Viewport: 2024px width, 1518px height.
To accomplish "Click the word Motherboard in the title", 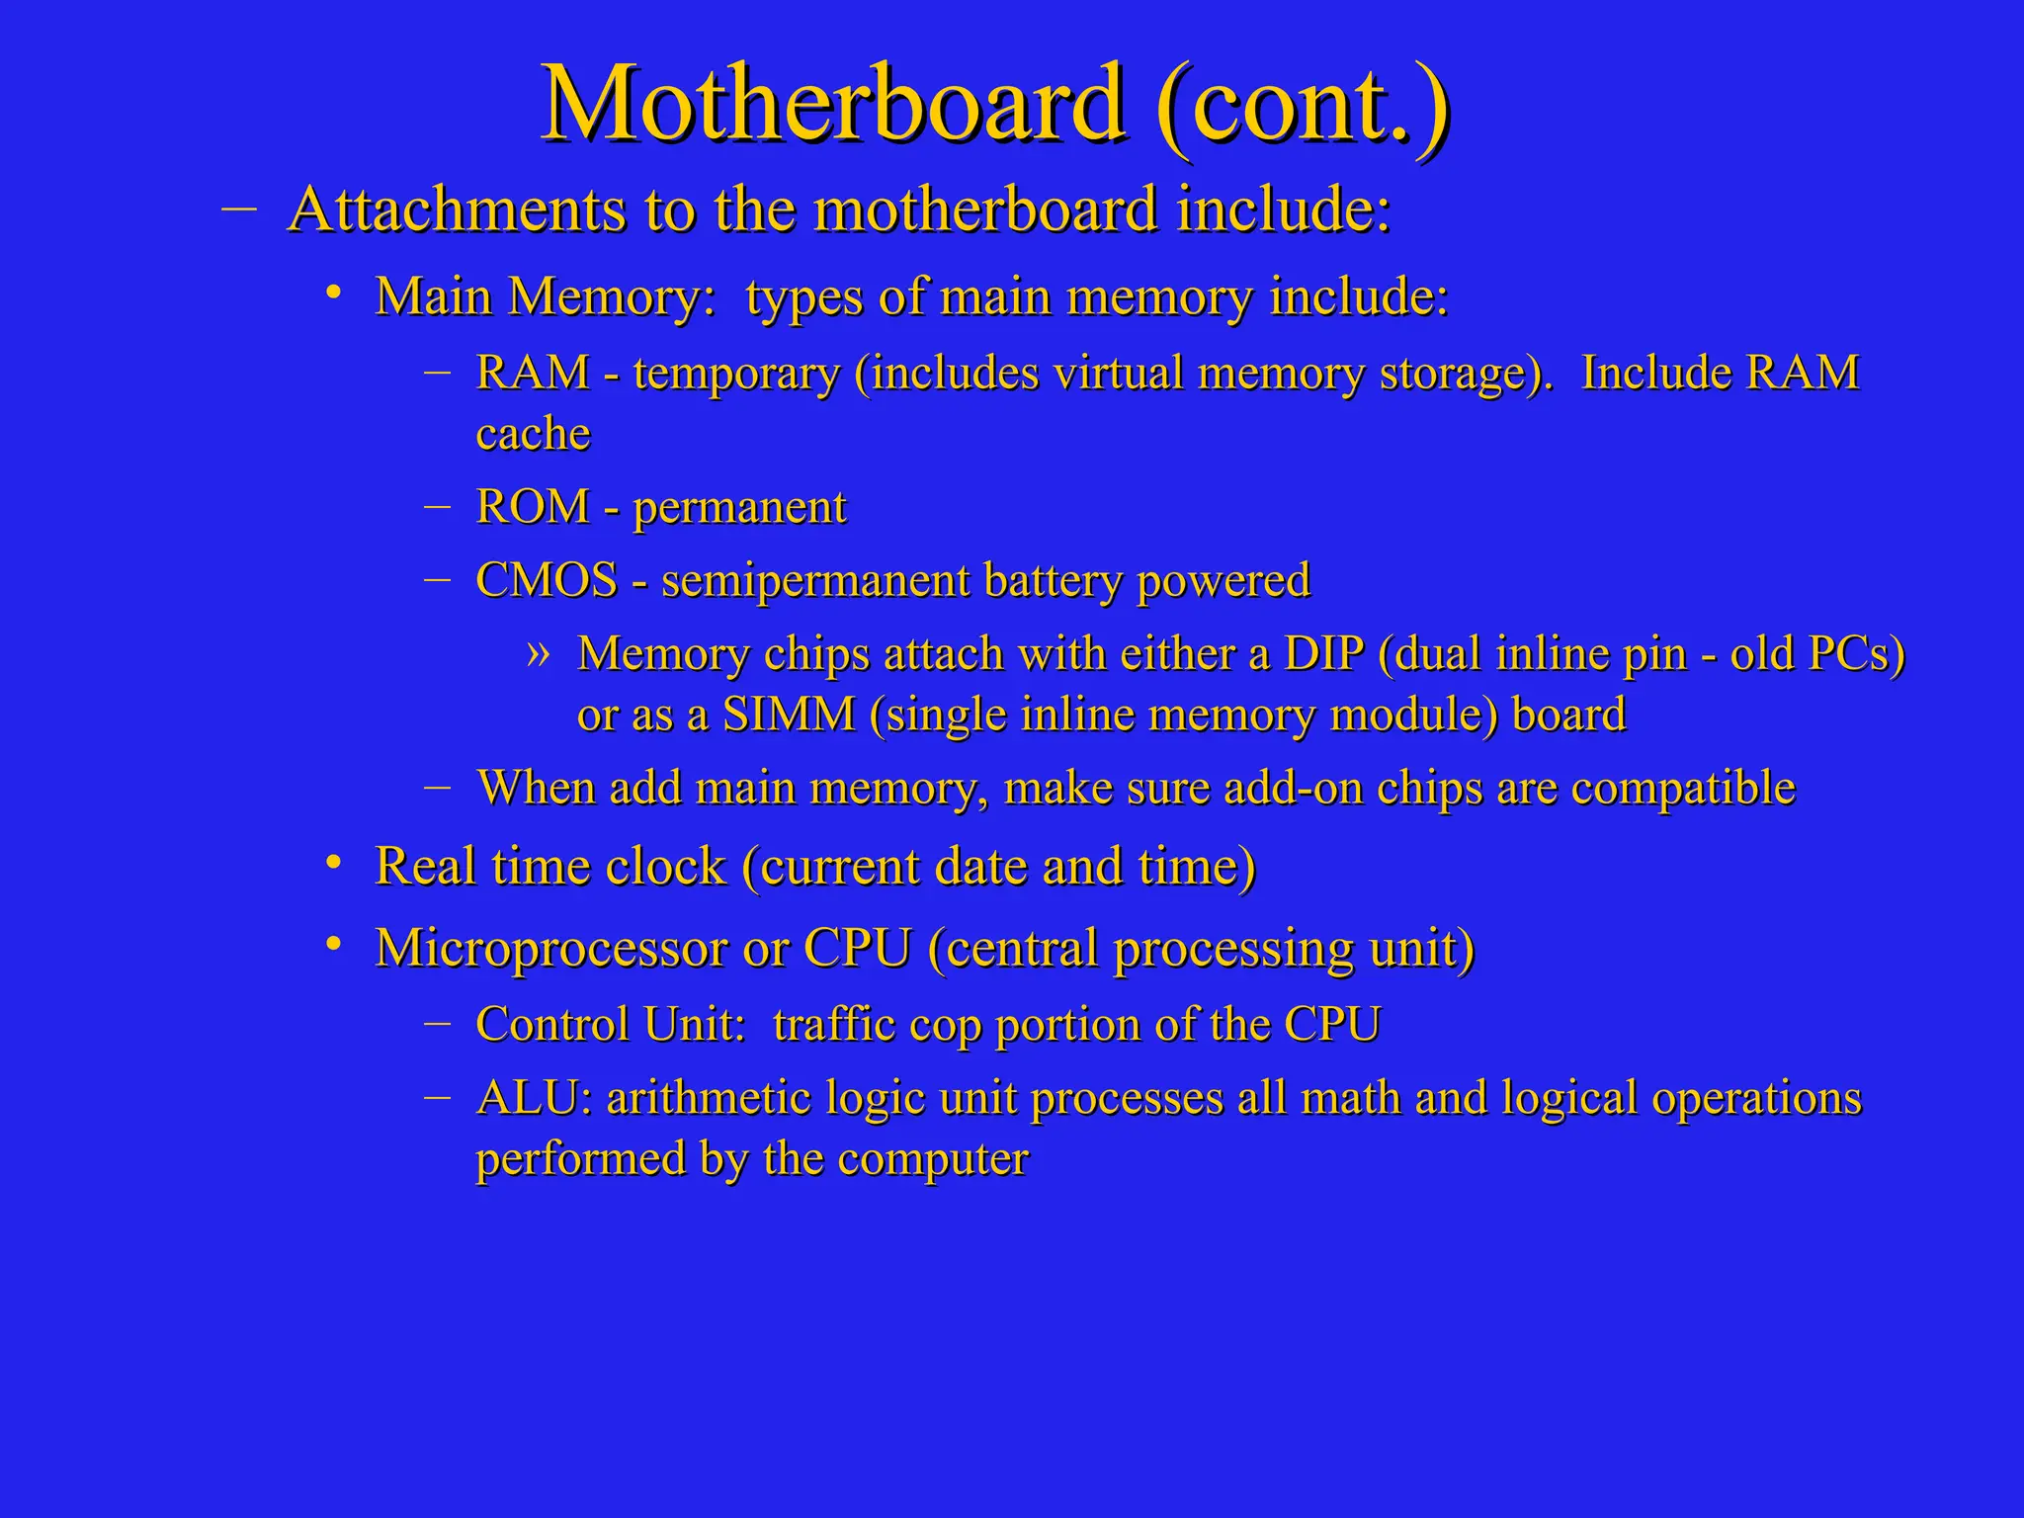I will [832, 104].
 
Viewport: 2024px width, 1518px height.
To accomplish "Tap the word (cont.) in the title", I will [1302, 104].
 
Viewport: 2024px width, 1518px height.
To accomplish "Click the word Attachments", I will [457, 211].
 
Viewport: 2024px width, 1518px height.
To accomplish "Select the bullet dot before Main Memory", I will [335, 293].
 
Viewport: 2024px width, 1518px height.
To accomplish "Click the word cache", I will [533, 434].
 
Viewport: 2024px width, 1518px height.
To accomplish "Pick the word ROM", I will [532, 507].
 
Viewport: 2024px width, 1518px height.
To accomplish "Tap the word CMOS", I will [547, 580].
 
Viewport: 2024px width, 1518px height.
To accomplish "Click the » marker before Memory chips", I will [538, 652].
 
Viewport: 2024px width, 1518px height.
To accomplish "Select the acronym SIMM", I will [789, 715].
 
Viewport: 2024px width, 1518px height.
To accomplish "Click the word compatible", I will [1683, 789].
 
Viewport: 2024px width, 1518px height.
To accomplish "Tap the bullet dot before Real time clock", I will [335, 864].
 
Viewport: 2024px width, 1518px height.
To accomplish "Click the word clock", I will [665, 867].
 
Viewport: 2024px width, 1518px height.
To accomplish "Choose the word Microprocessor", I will [550, 949].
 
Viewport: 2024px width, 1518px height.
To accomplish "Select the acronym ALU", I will [534, 1098].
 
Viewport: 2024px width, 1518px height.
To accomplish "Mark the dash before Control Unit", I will [437, 1022].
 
